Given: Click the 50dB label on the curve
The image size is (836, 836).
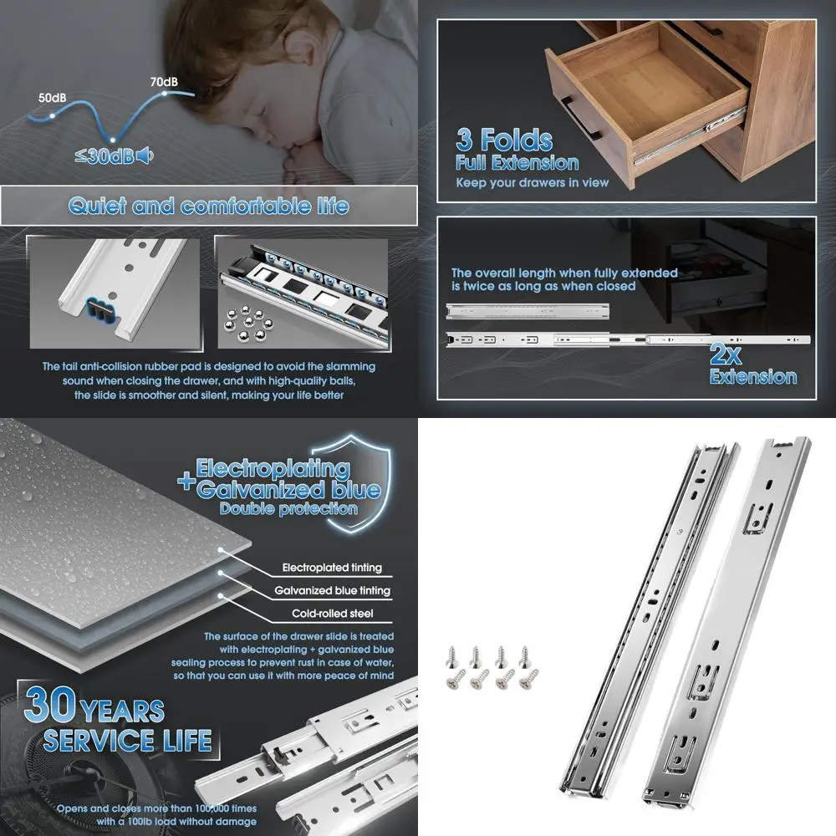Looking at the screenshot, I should tap(53, 98).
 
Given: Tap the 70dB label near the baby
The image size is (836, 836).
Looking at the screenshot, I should tap(163, 82).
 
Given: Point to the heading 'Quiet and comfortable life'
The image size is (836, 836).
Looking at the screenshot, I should tap(208, 206).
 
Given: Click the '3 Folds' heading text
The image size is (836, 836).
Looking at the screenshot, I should tap(504, 140).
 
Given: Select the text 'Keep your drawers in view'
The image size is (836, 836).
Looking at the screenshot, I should tap(532, 182).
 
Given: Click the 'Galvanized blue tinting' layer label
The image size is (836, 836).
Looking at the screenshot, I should tap(332, 590).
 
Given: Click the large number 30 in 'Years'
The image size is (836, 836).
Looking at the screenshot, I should tap(50, 706).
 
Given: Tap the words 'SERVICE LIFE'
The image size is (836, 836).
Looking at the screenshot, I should tap(127, 740).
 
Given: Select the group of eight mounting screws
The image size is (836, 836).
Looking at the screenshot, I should tap(490, 667).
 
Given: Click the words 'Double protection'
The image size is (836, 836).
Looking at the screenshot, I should tap(288, 508).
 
